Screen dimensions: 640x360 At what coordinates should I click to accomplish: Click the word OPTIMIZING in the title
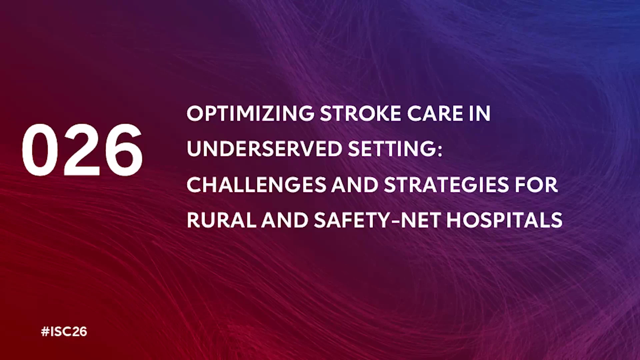(250, 113)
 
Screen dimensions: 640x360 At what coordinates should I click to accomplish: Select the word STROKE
(360, 113)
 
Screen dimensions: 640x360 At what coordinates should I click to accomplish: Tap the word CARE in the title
(435, 113)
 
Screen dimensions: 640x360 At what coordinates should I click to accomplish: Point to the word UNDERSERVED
(265, 149)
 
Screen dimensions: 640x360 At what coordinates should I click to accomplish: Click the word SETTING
(392, 149)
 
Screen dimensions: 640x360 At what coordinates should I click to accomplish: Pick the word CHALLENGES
(256, 185)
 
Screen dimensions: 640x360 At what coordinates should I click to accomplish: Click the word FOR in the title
(536, 185)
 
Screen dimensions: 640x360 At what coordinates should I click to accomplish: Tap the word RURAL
(221, 220)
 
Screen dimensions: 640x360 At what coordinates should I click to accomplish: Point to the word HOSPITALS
(505, 220)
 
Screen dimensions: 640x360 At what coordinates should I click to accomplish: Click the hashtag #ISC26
(64, 331)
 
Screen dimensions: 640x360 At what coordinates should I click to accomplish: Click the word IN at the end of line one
(480, 113)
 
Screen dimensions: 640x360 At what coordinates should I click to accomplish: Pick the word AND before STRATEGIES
(355, 185)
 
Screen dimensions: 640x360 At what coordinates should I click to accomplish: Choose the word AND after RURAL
(285, 220)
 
